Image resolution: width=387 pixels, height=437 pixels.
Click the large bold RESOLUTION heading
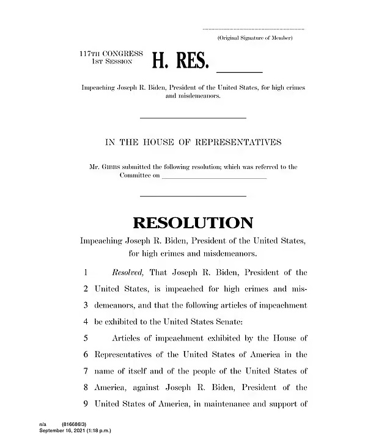click(193, 223)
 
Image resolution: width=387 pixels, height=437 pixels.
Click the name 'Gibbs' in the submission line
click(114, 167)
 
